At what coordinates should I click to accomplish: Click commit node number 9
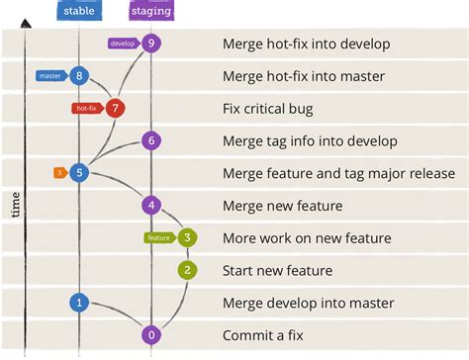pyautogui.click(x=150, y=43)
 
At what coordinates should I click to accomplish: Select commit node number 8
pyautogui.click(x=79, y=75)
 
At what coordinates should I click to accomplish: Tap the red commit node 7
pyautogui.click(x=116, y=108)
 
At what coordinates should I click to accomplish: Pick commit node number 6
pyautogui.click(x=150, y=140)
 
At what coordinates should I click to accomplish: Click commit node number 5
pyautogui.click(x=79, y=173)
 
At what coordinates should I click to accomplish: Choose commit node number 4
pyautogui.click(x=150, y=206)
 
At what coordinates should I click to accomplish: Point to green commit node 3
pyautogui.click(x=187, y=237)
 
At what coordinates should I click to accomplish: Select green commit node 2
pyautogui.click(x=187, y=270)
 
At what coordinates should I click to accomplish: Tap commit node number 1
pyautogui.click(x=79, y=303)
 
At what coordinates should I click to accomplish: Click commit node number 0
pyautogui.click(x=150, y=335)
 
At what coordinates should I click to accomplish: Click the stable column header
pyautogui.click(x=79, y=12)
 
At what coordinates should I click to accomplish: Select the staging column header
pyautogui.click(x=150, y=12)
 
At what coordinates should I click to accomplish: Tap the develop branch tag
pyautogui.click(x=122, y=43)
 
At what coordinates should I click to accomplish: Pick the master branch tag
pyautogui.click(x=50, y=75)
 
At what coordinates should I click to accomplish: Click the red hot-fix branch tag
pyautogui.click(x=86, y=108)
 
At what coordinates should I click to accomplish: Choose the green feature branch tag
pyautogui.click(x=158, y=237)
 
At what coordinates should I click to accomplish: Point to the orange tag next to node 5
pyautogui.click(x=59, y=173)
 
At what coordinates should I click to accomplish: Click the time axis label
pyautogui.click(x=15, y=205)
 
